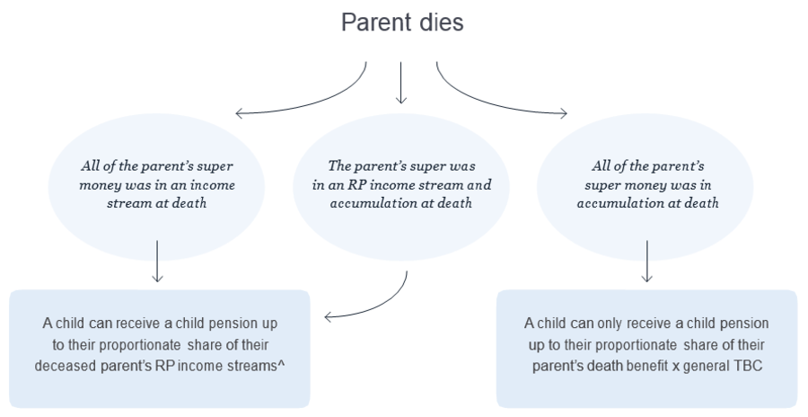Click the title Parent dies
click(x=402, y=22)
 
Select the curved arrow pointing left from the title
click(x=296, y=99)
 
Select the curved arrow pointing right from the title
click(x=503, y=99)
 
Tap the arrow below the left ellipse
click(x=157, y=261)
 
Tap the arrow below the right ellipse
click(x=646, y=261)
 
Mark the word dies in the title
click(x=440, y=22)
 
